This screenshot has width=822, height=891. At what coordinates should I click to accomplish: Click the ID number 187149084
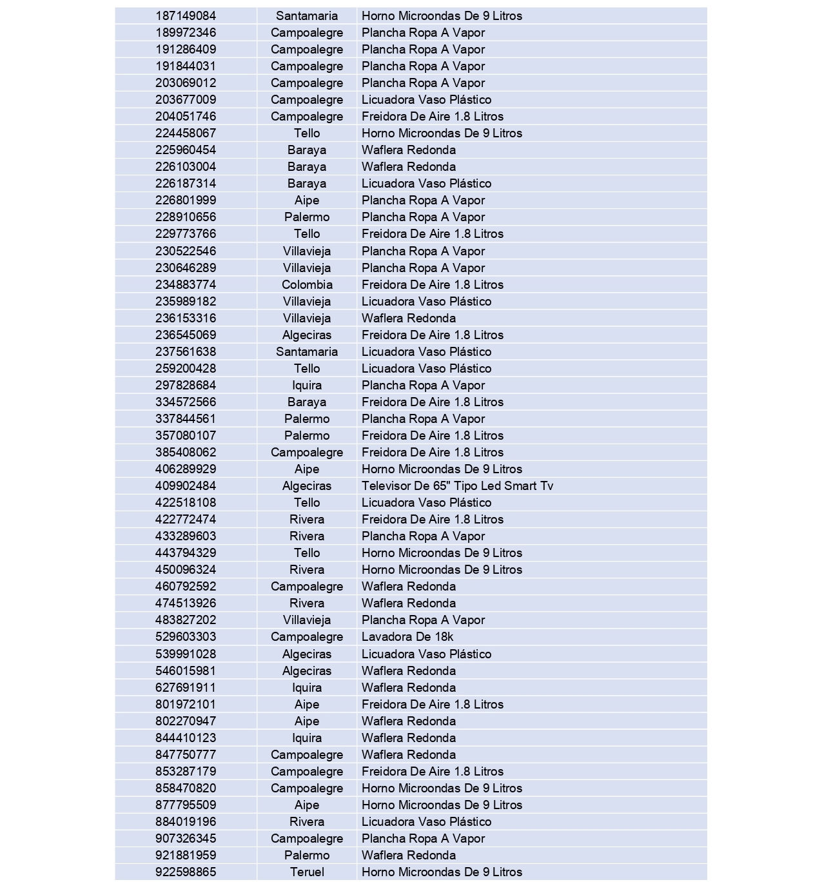186,15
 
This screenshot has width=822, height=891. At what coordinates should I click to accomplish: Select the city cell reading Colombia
307,284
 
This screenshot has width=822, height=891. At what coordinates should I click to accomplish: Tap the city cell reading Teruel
307,872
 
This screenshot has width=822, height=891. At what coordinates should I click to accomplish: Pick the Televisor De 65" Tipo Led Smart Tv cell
457,485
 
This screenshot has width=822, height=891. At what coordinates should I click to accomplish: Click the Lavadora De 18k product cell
407,636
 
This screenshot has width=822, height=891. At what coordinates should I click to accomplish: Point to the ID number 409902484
186,485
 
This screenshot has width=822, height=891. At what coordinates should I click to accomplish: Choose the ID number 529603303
186,636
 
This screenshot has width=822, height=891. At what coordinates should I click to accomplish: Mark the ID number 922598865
186,872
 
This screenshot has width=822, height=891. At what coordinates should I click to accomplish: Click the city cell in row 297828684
307,385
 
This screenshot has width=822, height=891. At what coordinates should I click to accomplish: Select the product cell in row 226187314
426,183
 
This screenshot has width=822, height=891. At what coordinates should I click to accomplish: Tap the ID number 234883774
186,284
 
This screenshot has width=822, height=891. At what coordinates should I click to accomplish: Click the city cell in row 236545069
307,335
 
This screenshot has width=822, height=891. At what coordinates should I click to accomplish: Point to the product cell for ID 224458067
442,133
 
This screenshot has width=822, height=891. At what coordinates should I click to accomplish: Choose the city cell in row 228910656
307,217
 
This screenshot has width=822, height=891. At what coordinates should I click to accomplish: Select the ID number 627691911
186,687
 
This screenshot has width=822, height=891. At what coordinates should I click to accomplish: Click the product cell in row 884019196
426,821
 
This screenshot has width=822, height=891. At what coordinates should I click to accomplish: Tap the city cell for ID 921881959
307,855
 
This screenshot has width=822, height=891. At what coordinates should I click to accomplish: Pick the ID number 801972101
186,704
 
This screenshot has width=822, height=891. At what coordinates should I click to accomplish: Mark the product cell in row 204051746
432,116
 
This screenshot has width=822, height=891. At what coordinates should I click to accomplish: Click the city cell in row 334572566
307,402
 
